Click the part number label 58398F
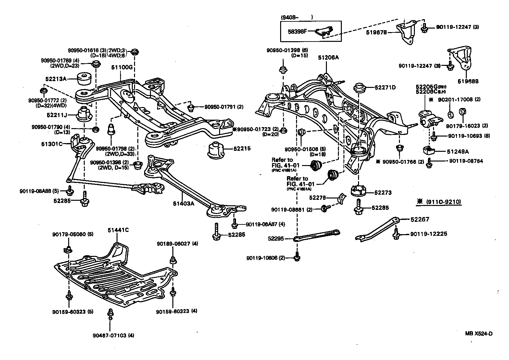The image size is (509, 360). tap(297, 31)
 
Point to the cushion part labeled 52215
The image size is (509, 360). tap(216, 150)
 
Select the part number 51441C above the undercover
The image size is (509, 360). tap(118, 230)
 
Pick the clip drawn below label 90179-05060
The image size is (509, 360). tap(68, 249)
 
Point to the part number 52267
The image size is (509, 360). tap(420, 220)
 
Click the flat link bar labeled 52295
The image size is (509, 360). tap(317, 235)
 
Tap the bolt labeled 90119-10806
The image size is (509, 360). tap(297, 258)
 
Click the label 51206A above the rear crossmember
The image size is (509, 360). tap(328, 57)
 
